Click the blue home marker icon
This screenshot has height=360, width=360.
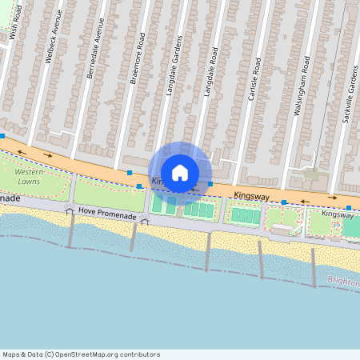[180, 173]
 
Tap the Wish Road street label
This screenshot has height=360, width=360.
[13, 31]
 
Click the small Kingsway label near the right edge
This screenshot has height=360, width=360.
[337, 214]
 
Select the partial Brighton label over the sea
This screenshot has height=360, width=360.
[344, 281]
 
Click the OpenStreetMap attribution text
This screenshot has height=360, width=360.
[81, 354]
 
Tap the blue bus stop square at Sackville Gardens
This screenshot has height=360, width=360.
[349, 208]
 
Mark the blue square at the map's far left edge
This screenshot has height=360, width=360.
[2, 136]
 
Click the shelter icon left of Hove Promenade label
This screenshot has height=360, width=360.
[70, 208]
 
